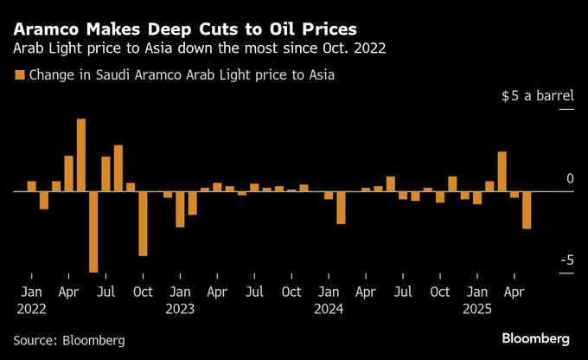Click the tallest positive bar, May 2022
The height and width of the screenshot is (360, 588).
pos(80,155)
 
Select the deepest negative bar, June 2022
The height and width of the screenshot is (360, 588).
pos(93,231)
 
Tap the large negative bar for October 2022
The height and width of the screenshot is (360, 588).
pos(143,222)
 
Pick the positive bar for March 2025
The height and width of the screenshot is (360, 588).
pos(502,171)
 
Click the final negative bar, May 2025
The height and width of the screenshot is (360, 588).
pos(527,209)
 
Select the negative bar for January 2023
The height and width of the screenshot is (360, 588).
pos(180,209)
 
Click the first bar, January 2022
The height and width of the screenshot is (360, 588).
pos(31,185)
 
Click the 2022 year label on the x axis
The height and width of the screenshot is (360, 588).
pos(31,308)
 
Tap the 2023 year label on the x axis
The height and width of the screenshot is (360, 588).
pos(180,308)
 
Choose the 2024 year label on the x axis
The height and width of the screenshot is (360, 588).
pos(329,308)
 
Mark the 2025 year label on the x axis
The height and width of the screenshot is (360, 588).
pos(477,308)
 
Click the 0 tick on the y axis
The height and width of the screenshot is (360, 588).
pos(570,179)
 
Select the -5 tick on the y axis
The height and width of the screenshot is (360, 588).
pos(566,260)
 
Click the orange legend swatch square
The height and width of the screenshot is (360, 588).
pos(19,75)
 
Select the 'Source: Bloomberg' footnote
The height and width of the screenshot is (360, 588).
pos(69,340)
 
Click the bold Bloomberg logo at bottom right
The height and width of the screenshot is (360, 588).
pos(535,337)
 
